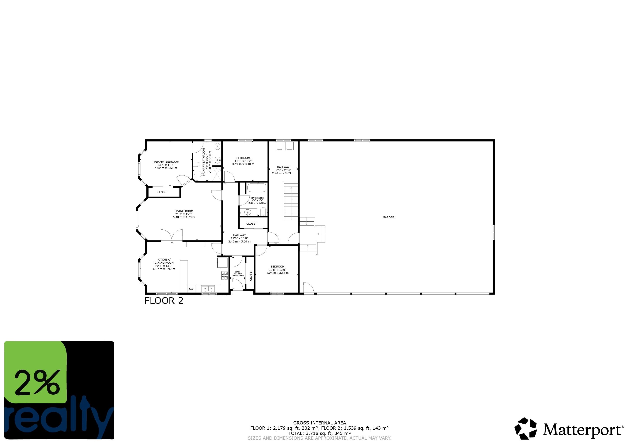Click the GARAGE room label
pyautogui.click(x=388, y=217)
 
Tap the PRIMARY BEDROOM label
pyautogui.click(x=166, y=162)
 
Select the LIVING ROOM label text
pyautogui.click(x=184, y=211)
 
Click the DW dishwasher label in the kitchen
pyautogui.click(x=191, y=289)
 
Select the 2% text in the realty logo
pyautogui.click(x=37, y=383)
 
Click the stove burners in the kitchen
pyautogui.click(x=225, y=275)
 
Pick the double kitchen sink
pyautogui.click(x=208, y=289)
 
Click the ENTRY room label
pyautogui.click(x=238, y=272)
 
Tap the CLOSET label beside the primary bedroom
pyautogui.click(x=162, y=192)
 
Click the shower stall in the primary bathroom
pyautogui.click(x=217, y=174)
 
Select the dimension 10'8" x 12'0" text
pyautogui.click(x=277, y=270)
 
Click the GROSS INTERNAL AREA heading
pyautogui.click(x=319, y=423)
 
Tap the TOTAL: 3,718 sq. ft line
pyautogui.click(x=319, y=433)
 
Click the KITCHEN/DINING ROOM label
pyautogui.click(x=164, y=261)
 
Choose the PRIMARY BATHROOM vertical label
pyautogui.click(x=204, y=162)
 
